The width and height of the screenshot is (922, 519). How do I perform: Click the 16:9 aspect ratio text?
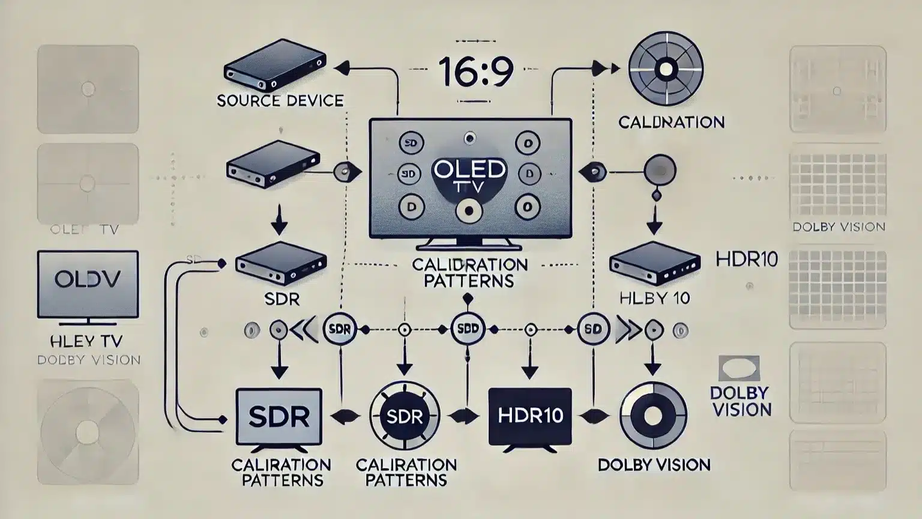[x=475, y=71]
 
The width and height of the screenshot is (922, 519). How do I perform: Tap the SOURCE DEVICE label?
[x=280, y=100]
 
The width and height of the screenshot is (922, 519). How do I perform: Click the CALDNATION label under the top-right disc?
[x=671, y=123]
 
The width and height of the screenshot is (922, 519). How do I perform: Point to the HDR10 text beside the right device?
[x=747, y=259]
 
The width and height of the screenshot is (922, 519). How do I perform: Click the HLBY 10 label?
[x=654, y=298]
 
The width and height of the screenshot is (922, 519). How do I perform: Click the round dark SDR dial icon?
[x=405, y=416]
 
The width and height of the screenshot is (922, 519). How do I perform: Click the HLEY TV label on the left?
[x=86, y=341]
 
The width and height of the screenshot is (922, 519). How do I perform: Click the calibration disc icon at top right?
[x=666, y=70]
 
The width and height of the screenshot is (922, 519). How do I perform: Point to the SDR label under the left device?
[x=282, y=299]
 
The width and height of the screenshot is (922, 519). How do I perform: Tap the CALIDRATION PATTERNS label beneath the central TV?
[x=469, y=273]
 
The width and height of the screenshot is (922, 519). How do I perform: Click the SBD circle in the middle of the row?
[x=468, y=329]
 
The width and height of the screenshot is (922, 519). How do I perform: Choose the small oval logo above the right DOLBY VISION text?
[x=739, y=368]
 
